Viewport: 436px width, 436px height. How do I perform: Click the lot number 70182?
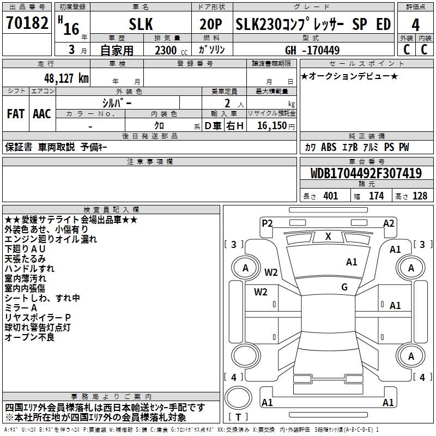point(27,24)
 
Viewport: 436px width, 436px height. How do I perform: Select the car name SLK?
point(140,24)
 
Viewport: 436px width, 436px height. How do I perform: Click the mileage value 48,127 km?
point(63,78)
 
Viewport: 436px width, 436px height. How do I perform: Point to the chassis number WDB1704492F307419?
point(366,174)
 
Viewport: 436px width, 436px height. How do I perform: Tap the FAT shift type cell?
point(15,114)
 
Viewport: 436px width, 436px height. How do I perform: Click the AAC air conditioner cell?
point(42,114)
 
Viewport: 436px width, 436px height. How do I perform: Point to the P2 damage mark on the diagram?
point(267,223)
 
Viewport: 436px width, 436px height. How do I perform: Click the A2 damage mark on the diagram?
point(389,223)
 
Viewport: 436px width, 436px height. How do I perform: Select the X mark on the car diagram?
point(328,237)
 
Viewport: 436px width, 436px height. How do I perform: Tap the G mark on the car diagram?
point(344,287)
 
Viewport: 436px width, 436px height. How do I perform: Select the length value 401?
point(330,196)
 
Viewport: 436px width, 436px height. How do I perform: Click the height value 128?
point(420,196)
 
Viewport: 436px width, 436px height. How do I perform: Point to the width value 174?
point(376,196)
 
